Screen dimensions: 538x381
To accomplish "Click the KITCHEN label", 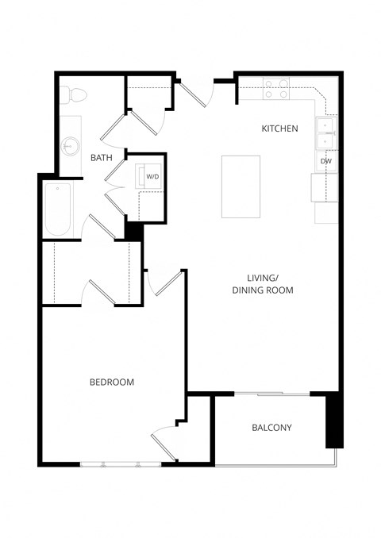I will (x=279, y=128).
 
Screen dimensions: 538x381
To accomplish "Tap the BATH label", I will (x=101, y=158).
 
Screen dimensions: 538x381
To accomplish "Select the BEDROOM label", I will (x=111, y=382).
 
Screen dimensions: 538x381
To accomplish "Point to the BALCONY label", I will (x=271, y=428).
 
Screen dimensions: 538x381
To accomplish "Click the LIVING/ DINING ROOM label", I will (x=263, y=284).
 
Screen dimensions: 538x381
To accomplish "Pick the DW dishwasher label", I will (x=325, y=161).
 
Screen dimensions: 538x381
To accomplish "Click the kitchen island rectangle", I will (x=241, y=186).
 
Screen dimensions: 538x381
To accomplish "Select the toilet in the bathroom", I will (x=75, y=95).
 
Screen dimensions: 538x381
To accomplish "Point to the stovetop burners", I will (x=275, y=88).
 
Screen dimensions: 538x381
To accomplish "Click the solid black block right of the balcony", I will (x=333, y=421).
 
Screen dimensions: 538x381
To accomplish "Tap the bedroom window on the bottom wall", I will (x=120, y=463).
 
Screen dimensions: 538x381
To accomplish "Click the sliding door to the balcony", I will (x=271, y=394).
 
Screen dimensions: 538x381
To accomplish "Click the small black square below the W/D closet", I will (x=133, y=231).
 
